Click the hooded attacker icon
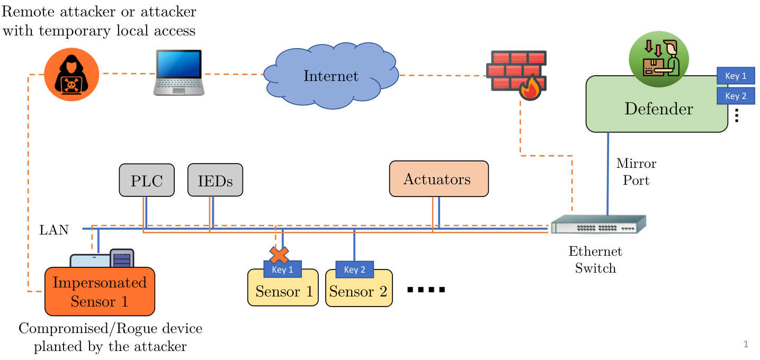coord(71,74)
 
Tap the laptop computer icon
coord(179,73)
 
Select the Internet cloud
coord(331,76)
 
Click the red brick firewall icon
coord(516,75)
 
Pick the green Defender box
coord(657,104)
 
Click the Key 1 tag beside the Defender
coord(736,76)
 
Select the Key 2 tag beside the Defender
coord(736,96)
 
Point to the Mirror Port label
coord(636,172)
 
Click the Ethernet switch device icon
coord(598,224)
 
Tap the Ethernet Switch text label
coord(595,259)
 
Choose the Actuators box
coord(439,179)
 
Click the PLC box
coord(147,180)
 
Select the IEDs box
coord(216,180)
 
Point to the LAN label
coord(54,230)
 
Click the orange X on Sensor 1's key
coord(279,255)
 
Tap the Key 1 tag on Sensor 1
coord(283,269)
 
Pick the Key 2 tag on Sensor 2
coord(354,270)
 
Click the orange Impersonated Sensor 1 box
coord(100,292)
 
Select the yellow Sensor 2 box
coord(359,288)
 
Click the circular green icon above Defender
coord(659,59)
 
